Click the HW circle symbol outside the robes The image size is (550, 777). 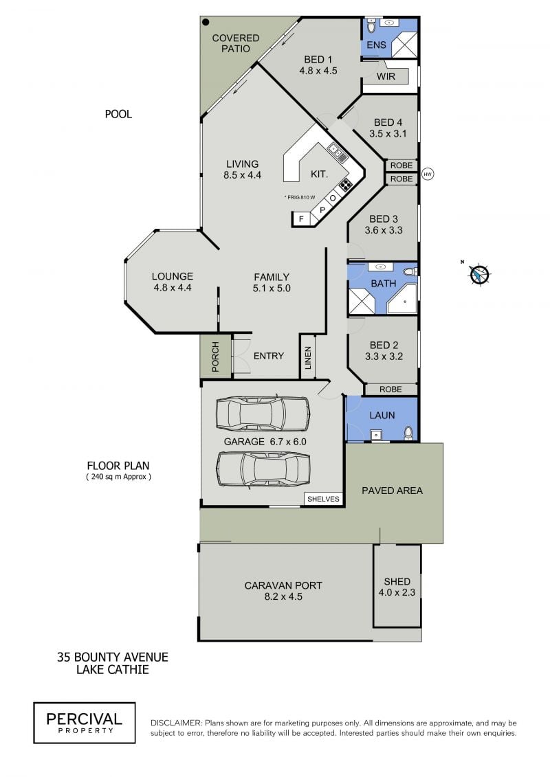[x=427, y=174]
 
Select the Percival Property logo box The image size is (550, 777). [x=85, y=723]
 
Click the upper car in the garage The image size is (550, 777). [x=263, y=414]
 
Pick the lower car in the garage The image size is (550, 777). [x=263, y=471]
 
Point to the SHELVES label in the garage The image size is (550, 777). [x=323, y=499]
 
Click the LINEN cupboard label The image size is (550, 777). [x=308, y=358]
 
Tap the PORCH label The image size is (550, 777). [x=215, y=357]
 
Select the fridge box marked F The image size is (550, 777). [x=301, y=218]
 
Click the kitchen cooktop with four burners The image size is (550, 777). [x=346, y=185]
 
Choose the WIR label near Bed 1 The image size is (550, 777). [x=386, y=76]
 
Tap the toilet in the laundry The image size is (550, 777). [x=408, y=433]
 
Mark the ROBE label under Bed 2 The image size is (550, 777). [x=390, y=390]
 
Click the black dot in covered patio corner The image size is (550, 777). [x=206, y=22]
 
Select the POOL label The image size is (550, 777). [x=118, y=114]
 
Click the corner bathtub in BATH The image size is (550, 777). [x=402, y=299]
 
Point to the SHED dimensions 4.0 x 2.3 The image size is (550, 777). [x=397, y=592]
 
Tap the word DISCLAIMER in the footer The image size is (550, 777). [x=176, y=723]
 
